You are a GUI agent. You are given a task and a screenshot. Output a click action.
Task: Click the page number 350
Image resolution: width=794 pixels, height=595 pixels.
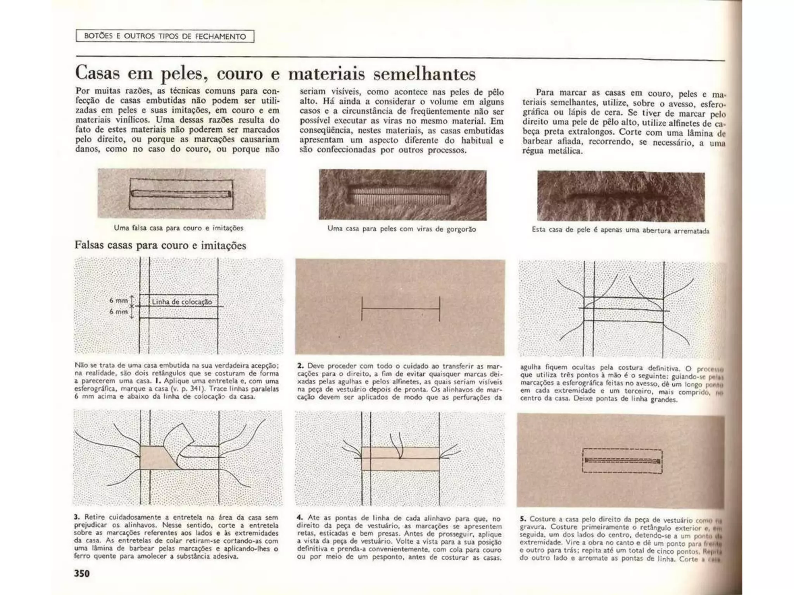82,573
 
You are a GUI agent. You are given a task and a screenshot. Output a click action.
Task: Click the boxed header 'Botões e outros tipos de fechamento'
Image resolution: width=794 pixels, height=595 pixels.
165,36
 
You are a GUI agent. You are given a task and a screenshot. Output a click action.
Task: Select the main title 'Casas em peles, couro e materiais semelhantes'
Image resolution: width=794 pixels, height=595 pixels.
275,73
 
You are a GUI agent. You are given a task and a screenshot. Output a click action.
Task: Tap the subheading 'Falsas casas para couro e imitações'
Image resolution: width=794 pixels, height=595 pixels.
160,245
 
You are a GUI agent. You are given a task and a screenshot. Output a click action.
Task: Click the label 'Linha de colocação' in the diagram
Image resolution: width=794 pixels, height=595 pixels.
182,302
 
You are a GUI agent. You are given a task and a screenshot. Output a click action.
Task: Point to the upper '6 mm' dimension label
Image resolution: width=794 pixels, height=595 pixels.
118,300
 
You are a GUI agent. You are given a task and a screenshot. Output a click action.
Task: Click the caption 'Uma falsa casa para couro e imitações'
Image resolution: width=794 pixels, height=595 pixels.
178,228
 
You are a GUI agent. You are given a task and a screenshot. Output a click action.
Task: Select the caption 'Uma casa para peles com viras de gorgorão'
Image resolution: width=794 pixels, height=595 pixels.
402,229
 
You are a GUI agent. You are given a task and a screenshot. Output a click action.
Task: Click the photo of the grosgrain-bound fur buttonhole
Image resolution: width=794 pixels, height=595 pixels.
402,195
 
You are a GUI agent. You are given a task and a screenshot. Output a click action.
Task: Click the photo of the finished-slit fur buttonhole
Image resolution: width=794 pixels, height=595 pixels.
621,196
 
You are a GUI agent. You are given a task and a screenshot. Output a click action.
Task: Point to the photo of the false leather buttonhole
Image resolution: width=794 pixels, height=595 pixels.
181,193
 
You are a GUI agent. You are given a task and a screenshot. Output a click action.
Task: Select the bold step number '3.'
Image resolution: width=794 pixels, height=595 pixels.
77,517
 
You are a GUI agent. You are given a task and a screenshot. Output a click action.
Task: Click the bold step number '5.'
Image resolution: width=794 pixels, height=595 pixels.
523,518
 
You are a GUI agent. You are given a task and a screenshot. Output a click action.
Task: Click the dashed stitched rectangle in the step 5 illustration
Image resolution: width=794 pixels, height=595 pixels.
622,461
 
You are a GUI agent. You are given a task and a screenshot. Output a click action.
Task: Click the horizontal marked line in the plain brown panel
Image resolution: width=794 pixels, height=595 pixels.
400,309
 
